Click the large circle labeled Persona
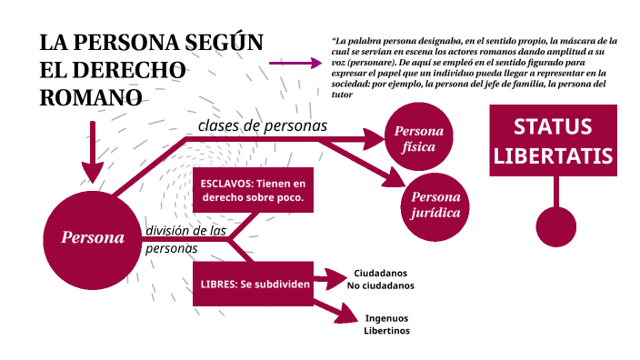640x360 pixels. (x=92, y=238)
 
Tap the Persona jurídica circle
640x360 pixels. (x=435, y=206)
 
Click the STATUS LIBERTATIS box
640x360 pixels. (x=553, y=140)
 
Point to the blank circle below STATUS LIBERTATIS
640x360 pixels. (x=556, y=226)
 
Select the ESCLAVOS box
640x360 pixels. (x=252, y=189)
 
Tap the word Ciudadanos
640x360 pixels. (x=380, y=273)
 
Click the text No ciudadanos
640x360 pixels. (x=380, y=285)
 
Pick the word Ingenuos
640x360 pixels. (x=387, y=318)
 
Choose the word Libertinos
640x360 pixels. (x=387, y=331)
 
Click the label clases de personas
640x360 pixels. (x=262, y=125)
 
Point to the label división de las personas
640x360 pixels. (x=185, y=239)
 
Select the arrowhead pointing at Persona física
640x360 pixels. (x=374, y=138)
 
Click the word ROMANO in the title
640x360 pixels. (x=91, y=97)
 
